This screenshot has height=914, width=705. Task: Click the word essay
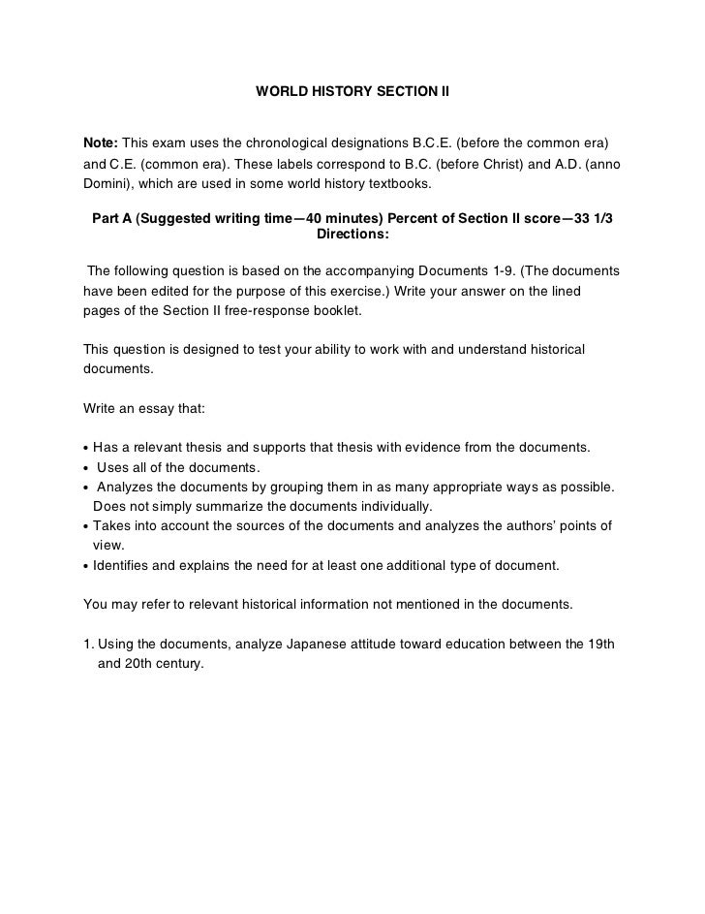(x=155, y=408)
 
